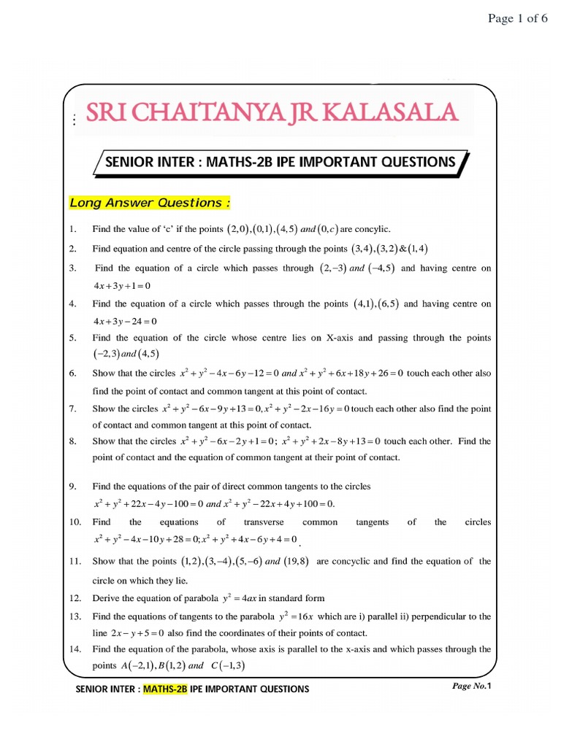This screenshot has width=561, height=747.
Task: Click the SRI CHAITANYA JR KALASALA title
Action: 272,113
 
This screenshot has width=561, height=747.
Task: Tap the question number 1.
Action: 73,229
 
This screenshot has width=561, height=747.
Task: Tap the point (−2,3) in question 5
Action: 105,355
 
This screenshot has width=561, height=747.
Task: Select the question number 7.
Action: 73,409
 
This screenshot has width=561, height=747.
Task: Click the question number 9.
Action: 73,486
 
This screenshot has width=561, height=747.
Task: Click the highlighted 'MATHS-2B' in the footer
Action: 166,689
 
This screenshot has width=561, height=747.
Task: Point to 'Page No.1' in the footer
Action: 474,686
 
